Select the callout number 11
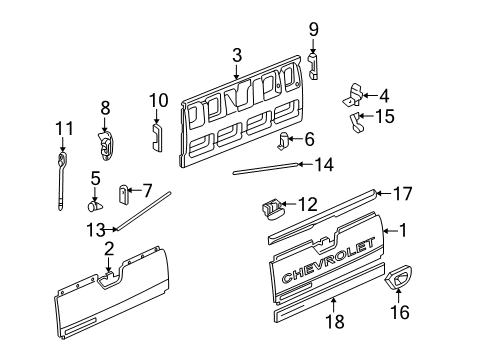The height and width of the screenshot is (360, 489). pyautogui.click(x=64, y=127)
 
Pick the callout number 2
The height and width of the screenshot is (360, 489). pyautogui.click(x=108, y=248)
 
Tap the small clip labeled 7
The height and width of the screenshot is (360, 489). pyautogui.click(x=124, y=191)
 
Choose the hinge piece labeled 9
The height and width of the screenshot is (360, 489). pyautogui.click(x=313, y=66)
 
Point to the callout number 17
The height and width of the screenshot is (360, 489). pyautogui.click(x=402, y=193)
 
